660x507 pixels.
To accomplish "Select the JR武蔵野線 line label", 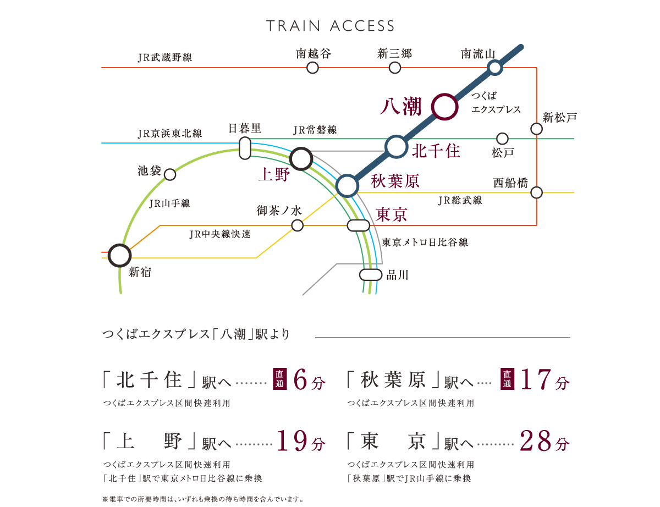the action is (x=165, y=57).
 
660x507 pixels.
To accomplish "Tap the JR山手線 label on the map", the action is (x=169, y=203).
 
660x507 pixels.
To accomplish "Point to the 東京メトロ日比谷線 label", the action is (x=425, y=242).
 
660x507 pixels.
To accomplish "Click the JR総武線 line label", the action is (x=460, y=200).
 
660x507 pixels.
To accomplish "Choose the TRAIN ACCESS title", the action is (x=330, y=26).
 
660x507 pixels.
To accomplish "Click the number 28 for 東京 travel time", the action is (x=536, y=441).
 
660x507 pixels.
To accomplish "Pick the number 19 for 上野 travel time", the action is (x=292, y=441).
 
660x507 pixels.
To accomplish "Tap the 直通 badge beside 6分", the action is (x=280, y=379).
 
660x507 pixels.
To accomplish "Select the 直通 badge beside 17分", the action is (x=507, y=379).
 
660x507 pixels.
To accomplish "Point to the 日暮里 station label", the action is (x=245, y=128).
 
